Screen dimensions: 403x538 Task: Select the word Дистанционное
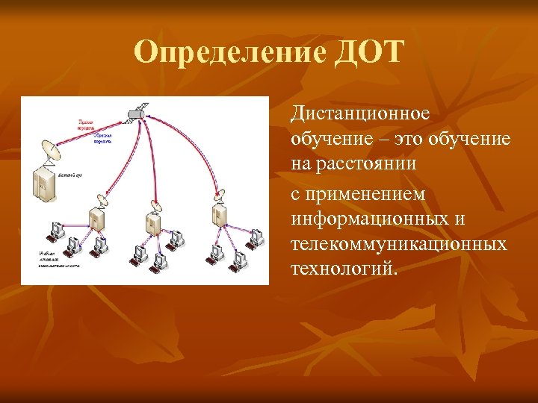click(x=360, y=113)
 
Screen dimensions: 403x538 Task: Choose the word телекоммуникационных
click(x=399, y=243)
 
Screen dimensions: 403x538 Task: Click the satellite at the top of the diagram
click(x=135, y=113)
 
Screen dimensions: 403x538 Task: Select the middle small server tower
click(x=153, y=222)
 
